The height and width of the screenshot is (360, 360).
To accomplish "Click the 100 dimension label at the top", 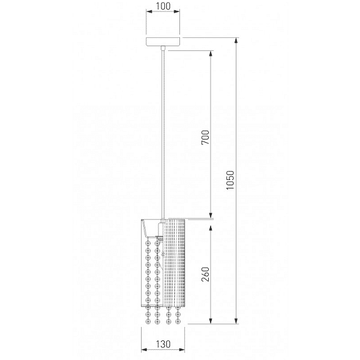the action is (x=163, y=6).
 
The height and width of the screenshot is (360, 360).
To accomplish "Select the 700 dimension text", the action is (x=205, y=137).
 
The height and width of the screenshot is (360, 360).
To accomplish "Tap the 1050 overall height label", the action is (x=230, y=180).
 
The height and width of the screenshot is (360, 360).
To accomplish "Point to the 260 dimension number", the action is (x=205, y=274).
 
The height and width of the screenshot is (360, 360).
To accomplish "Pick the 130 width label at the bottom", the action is (x=163, y=344).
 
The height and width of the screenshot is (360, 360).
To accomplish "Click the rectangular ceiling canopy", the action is (x=163, y=41).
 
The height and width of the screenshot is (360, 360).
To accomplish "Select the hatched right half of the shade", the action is (x=175, y=263).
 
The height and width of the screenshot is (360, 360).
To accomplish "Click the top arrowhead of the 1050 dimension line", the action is (x=236, y=41).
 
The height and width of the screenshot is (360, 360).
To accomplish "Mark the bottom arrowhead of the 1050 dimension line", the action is (x=236, y=321).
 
